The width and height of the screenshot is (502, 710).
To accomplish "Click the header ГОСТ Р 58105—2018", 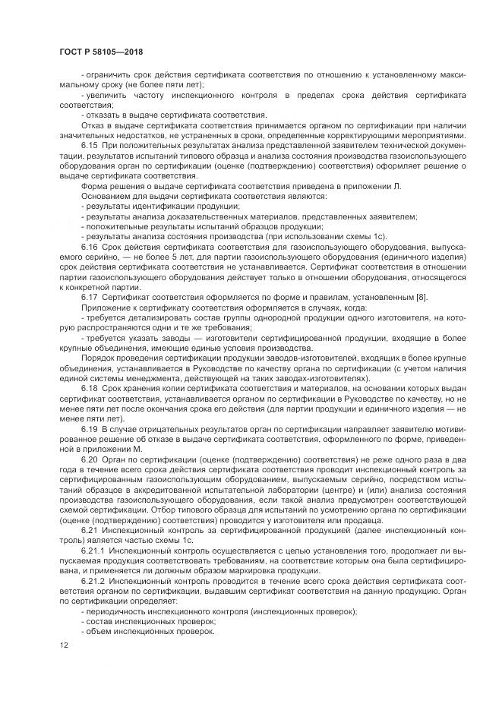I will click(x=100, y=52).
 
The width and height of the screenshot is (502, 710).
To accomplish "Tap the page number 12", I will click(x=63, y=645).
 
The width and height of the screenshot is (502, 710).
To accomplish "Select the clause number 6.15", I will click(x=90, y=144).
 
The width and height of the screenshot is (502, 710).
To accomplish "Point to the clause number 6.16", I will click(x=90, y=248).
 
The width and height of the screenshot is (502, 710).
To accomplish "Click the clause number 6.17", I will click(x=90, y=296).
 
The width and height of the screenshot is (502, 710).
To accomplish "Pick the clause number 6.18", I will click(x=90, y=387).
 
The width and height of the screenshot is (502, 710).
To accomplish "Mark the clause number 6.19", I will click(x=90, y=428).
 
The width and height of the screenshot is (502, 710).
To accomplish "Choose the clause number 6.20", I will click(x=90, y=459).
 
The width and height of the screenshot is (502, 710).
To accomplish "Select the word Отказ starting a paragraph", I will click(x=93, y=124).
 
